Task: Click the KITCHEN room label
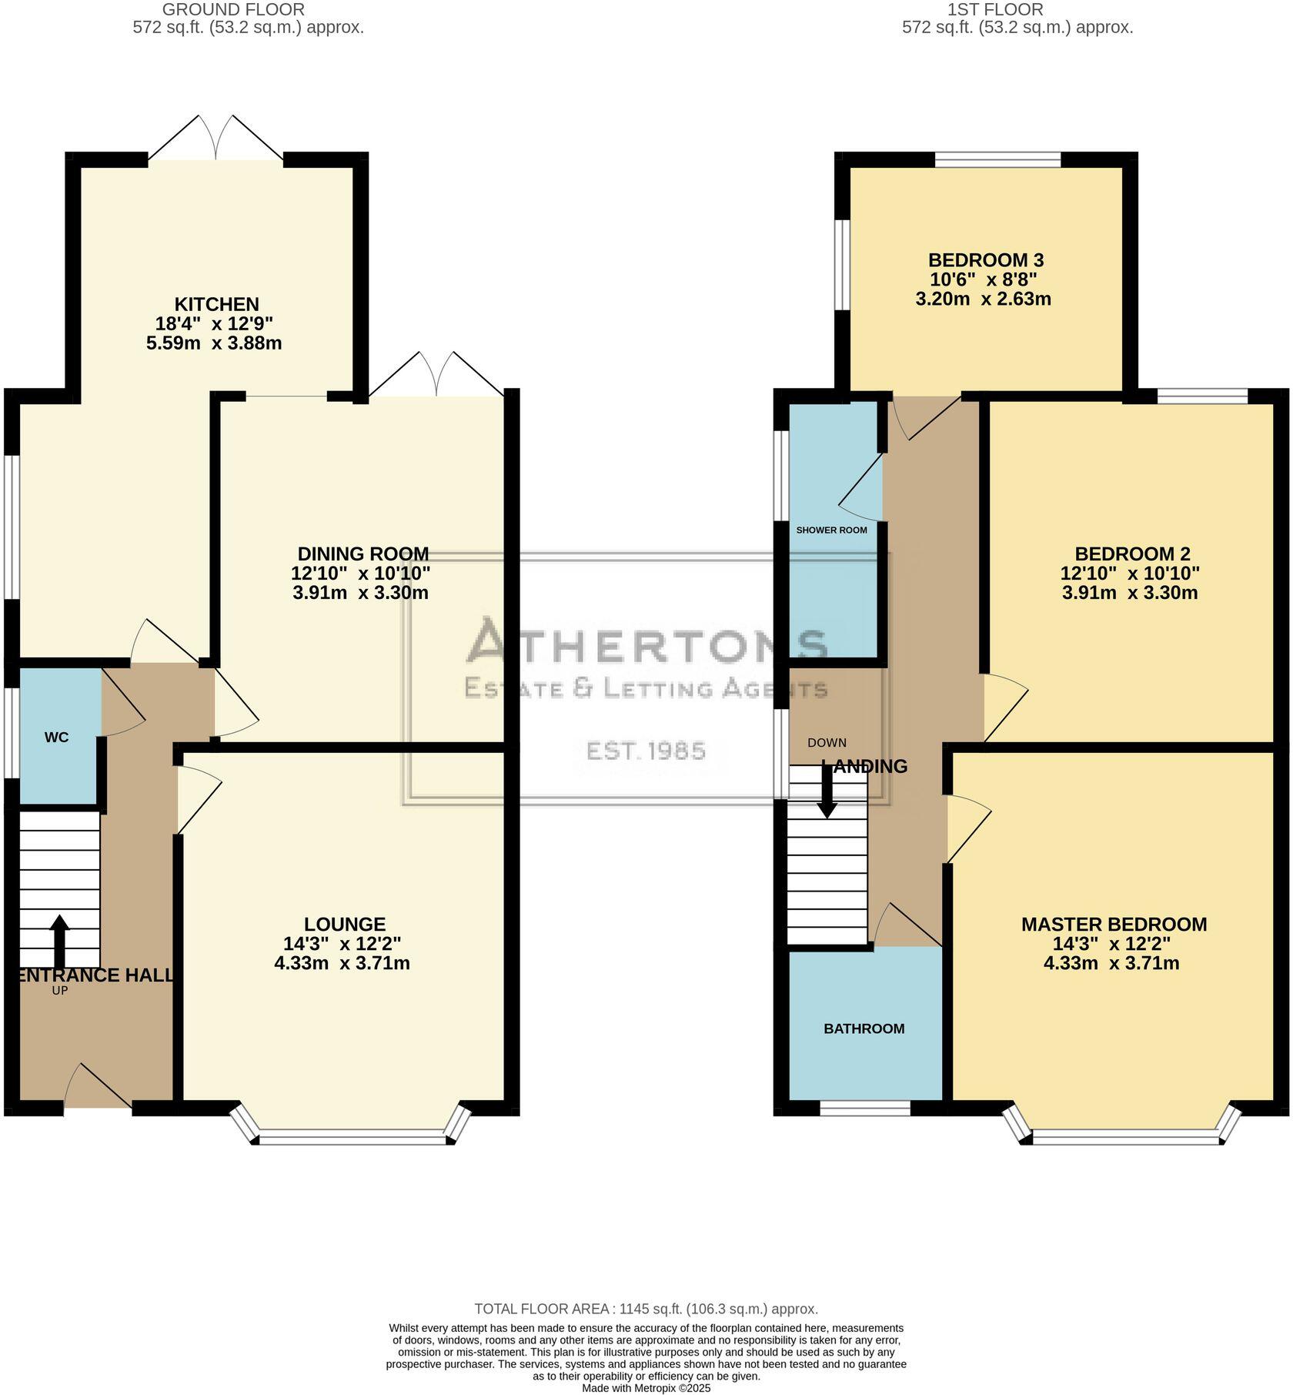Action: tap(216, 304)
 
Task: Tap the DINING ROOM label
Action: tap(363, 554)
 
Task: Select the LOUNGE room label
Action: tap(345, 924)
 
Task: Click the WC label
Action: tap(57, 738)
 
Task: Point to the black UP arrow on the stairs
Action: tap(58, 941)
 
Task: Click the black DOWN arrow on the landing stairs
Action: tap(827, 790)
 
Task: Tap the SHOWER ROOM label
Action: tap(831, 530)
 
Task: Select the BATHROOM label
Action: tap(864, 1029)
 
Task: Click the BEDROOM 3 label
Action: tap(985, 260)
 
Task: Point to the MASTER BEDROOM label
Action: tap(1114, 924)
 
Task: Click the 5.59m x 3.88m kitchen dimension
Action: tap(214, 343)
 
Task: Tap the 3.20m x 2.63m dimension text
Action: tap(983, 299)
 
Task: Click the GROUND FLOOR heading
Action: tap(234, 10)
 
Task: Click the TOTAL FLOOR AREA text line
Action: tap(646, 1309)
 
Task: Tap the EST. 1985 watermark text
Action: tap(646, 751)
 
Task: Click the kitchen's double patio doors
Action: tap(215, 139)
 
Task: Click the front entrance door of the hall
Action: tap(98, 1088)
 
